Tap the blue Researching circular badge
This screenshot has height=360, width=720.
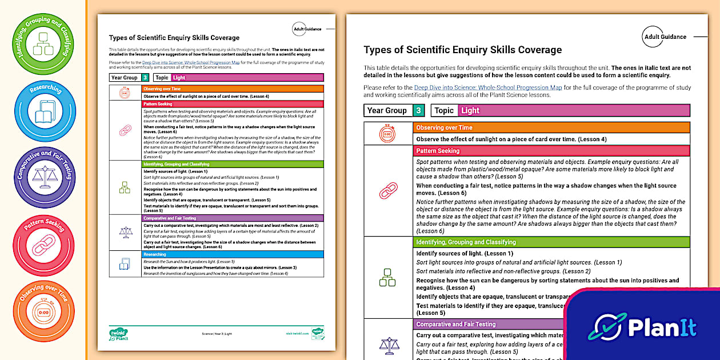click(x=44, y=111)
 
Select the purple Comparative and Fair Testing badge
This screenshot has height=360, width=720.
click(x=44, y=177)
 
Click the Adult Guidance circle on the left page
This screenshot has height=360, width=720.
click(x=307, y=29)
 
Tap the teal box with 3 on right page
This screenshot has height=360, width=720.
click(x=419, y=110)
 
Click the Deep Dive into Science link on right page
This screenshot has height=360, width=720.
click(x=488, y=87)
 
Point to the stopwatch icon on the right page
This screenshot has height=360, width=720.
click(x=388, y=134)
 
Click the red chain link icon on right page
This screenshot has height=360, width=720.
click(x=388, y=191)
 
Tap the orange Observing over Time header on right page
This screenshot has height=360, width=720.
click(x=551, y=127)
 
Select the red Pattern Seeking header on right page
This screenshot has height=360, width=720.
click(x=551, y=151)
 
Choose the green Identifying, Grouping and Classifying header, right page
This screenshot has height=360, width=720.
click(x=551, y=242)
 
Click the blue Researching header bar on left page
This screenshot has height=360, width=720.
click(x=232, y=254)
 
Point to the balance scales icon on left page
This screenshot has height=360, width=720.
click(x=125, y=232)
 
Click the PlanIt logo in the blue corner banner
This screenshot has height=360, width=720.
click(x=646, y=327)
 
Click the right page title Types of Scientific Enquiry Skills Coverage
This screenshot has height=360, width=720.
click(x=462, y=50)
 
